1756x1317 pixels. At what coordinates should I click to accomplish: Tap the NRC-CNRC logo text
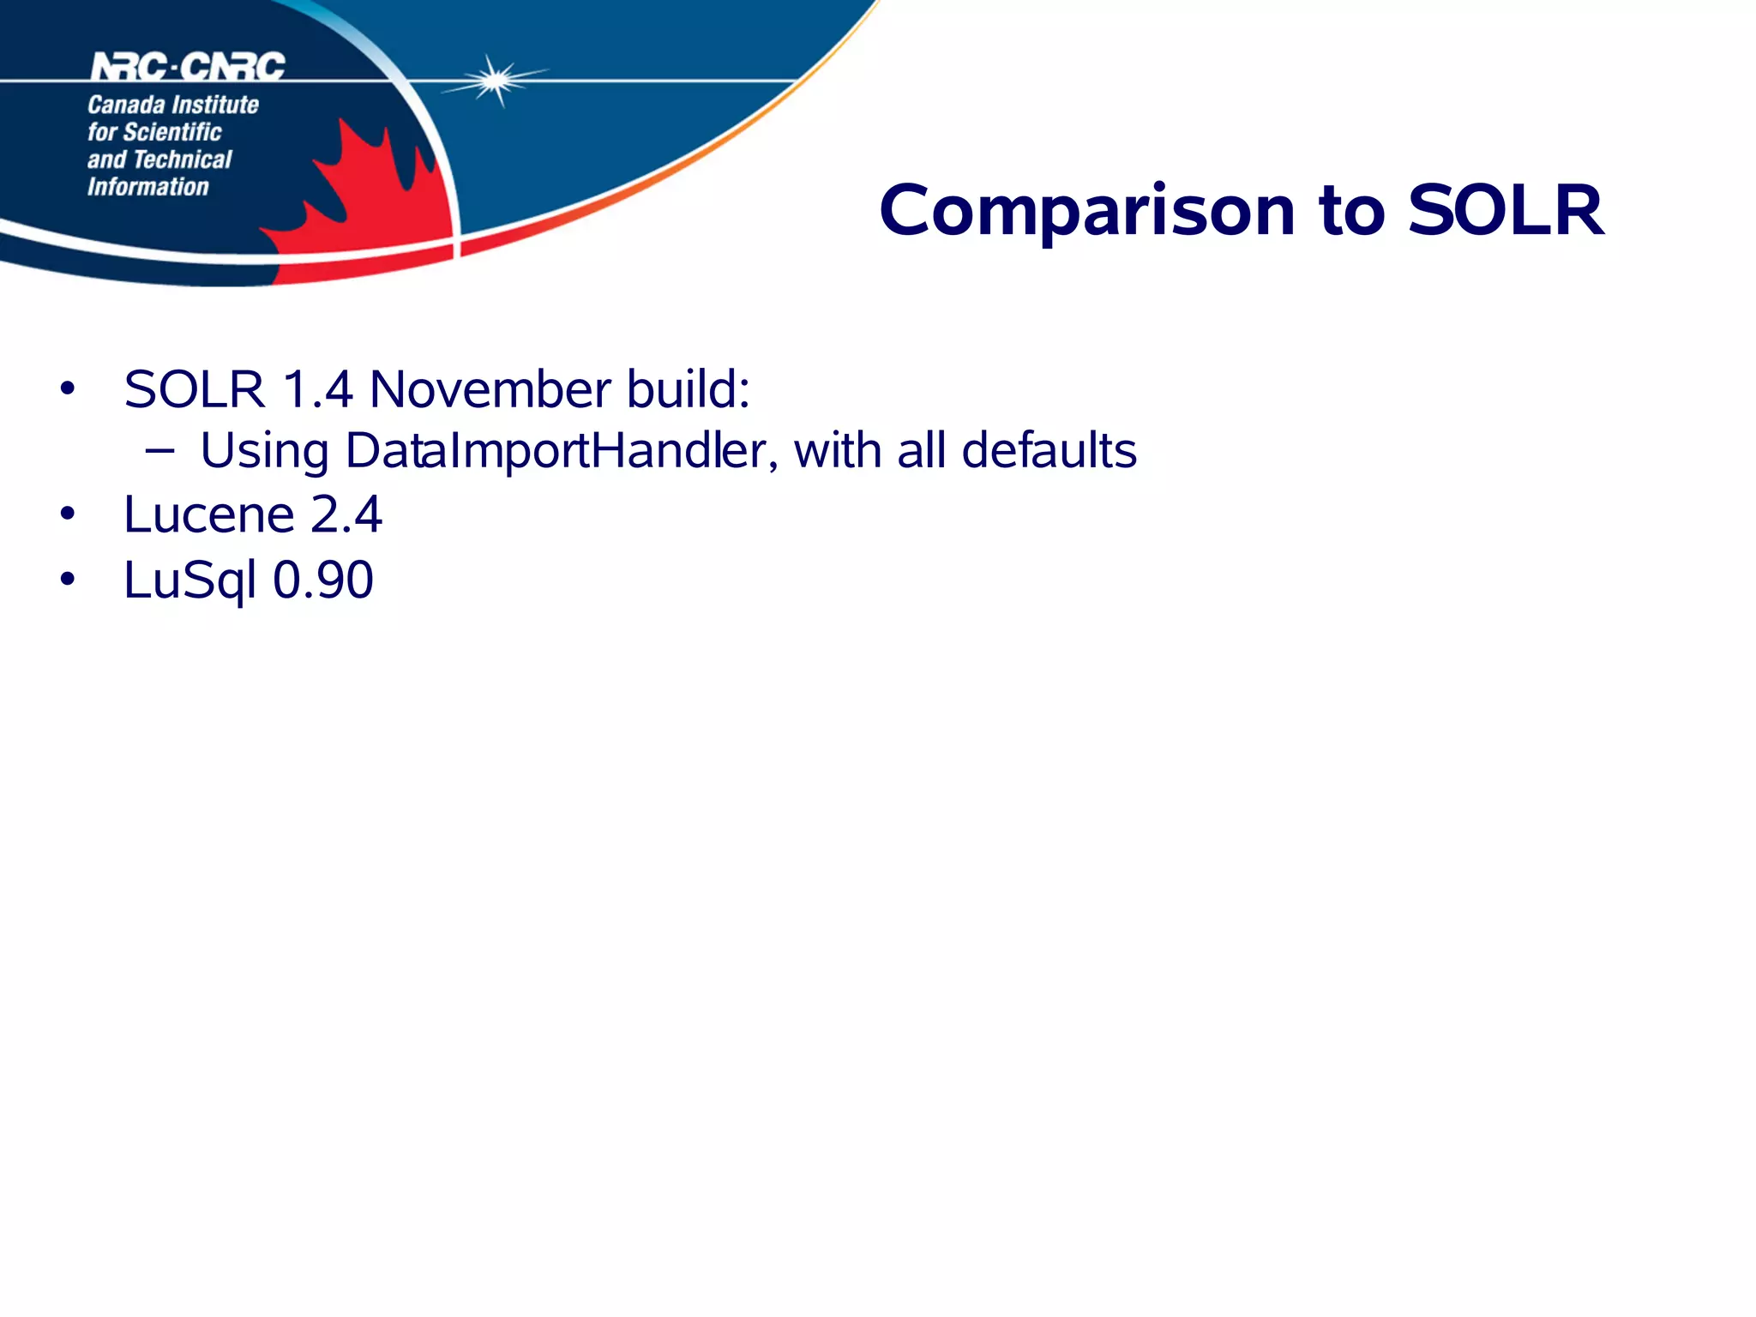(x=188, y=67)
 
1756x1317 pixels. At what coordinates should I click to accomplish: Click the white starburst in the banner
(x=495, y=81)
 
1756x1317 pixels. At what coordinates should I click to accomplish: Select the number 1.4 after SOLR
(x=317, y=389)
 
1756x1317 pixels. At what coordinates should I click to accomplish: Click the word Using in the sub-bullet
(x=264, y=453)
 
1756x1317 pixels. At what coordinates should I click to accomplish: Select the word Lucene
(x=209, y=514)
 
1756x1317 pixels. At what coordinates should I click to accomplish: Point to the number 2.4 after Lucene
(x=346, y=514)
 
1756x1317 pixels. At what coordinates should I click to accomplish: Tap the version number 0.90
(x=323, y=580)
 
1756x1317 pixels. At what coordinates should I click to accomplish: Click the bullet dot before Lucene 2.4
(x=68, y=514)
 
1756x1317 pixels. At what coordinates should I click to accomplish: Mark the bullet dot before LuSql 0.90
(x=68, y=580)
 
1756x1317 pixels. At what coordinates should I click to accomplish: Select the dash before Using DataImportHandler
(x=159, y=449)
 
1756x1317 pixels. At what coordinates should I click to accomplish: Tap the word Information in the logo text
(x=148, y=187)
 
